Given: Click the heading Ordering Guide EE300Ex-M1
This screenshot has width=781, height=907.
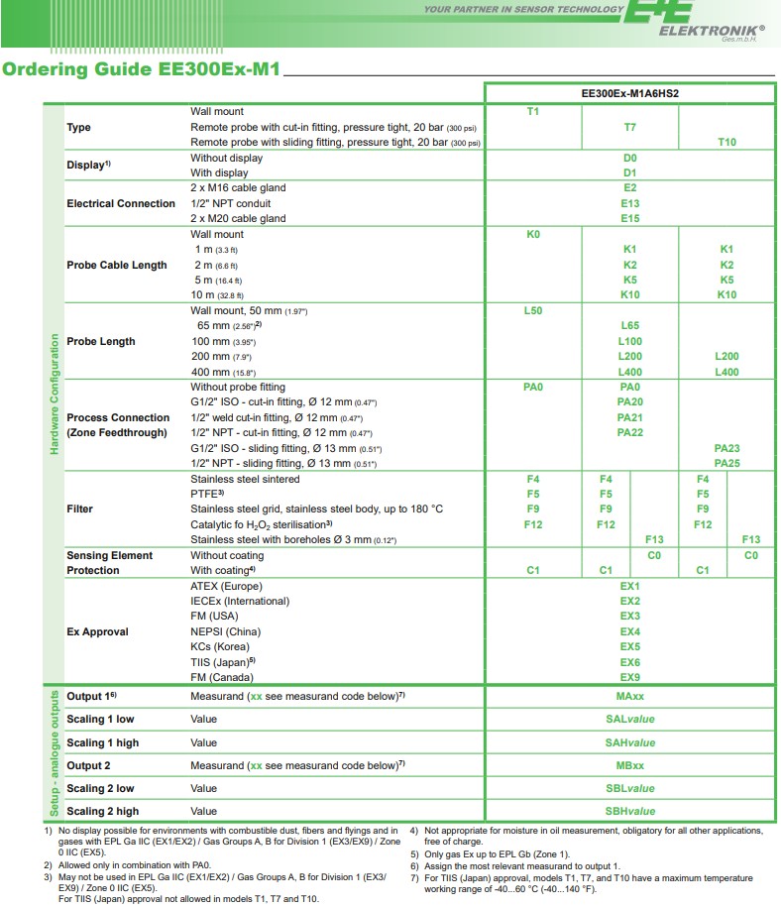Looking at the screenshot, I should [x=142, y=70].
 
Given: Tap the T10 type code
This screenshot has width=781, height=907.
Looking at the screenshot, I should [x=726, y=143].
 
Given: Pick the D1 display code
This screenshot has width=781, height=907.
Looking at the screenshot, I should [x=629, y=172].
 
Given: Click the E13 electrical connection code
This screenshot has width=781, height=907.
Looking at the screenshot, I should [x=629, y=203].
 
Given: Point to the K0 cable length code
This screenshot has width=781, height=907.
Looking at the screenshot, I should [x=532, y=235].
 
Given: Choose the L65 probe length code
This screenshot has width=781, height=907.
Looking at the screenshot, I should [x=629, y=326].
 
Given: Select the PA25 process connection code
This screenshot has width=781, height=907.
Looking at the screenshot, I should [x=726, y=464].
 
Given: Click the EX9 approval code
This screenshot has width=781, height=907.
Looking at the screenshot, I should [x=629, y=677].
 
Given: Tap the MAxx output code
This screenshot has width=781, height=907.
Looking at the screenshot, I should [x=629, y=697].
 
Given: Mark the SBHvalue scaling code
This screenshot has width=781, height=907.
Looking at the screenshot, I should [x=629, y=811].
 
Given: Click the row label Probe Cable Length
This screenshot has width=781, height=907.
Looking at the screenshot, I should [x=117, y=266].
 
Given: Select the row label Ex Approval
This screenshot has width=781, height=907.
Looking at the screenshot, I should [x=97, y=631].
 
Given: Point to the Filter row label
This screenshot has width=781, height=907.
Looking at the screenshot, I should [x=79, y=510].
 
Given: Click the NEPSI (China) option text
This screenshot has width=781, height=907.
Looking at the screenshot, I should [x=225, y=631].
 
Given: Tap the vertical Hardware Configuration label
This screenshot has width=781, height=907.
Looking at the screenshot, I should [x=54, y=395].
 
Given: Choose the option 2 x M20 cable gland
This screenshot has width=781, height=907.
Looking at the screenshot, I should [x=238, y=219].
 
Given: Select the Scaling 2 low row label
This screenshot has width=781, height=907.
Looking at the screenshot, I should [x=100, y=789].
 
